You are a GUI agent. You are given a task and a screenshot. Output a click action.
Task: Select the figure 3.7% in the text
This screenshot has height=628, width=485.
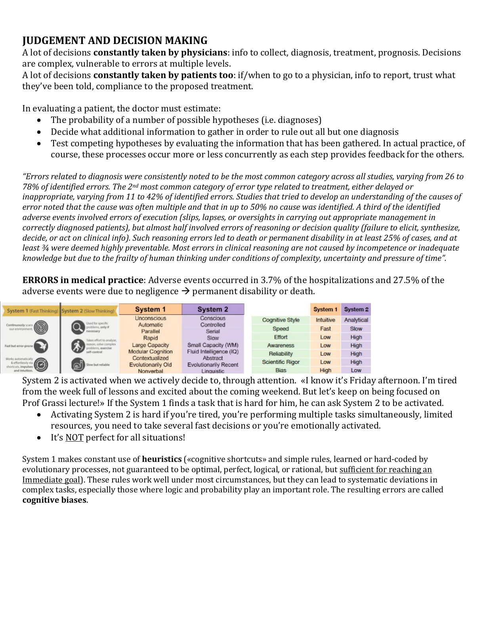point(271,280)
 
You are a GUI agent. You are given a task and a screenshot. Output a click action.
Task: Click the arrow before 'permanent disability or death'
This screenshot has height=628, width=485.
point(185,291)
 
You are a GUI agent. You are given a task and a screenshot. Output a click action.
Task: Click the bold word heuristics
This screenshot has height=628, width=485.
point(162,459)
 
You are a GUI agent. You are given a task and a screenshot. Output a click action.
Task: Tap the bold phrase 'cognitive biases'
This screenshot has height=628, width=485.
point(54,500)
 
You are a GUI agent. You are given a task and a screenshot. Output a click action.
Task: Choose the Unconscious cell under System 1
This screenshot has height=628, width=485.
point(151,318)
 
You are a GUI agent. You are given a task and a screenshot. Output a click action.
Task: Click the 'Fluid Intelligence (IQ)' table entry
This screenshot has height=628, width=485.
point(213,352)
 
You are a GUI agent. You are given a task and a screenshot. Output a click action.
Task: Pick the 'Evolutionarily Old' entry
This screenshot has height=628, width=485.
point(151,365)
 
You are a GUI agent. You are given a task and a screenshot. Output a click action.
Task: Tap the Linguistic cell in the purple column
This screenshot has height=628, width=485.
point(213,371)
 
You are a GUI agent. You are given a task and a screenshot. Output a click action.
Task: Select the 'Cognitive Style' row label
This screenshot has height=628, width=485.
point(281,320)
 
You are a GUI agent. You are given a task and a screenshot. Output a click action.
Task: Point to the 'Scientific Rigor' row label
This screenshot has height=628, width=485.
point(281,362)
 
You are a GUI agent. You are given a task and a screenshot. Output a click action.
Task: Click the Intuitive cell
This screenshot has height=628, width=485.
point(325,320)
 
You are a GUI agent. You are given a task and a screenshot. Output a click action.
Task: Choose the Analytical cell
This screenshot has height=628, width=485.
point(356,320)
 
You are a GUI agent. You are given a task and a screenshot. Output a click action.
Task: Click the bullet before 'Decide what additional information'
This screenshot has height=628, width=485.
point(38,132)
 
